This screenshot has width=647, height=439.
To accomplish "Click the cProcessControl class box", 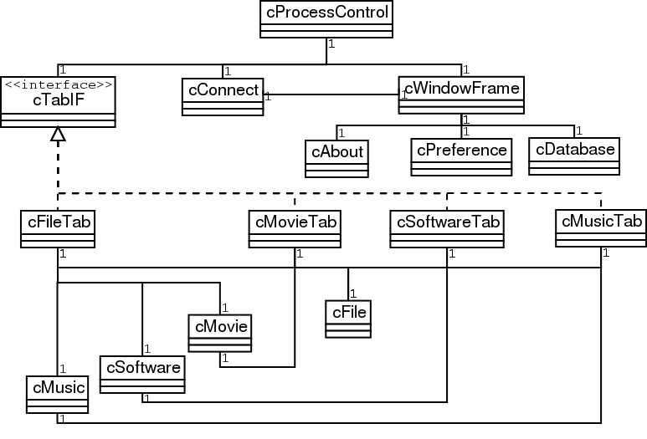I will coord(326,19).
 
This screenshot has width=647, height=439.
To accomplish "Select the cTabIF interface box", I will coord(58,101).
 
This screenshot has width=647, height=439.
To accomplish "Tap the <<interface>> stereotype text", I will coord(58,84).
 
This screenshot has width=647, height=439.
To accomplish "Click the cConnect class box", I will coord(222,96).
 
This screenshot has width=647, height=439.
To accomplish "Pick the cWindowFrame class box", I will coord(462,94).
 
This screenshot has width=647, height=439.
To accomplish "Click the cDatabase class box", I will coord(574,156).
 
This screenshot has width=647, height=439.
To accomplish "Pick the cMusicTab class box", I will coord(601,227).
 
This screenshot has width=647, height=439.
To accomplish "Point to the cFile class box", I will coord(347,319).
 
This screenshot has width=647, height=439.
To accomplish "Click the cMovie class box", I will coord(221,333).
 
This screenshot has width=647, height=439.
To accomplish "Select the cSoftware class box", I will coord(142,374).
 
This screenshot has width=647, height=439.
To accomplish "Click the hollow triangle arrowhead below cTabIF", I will coord(58,134).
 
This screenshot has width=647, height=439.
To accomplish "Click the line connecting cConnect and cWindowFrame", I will coord(331,94).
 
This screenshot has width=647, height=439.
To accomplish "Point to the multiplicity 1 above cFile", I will coord(354,294).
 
